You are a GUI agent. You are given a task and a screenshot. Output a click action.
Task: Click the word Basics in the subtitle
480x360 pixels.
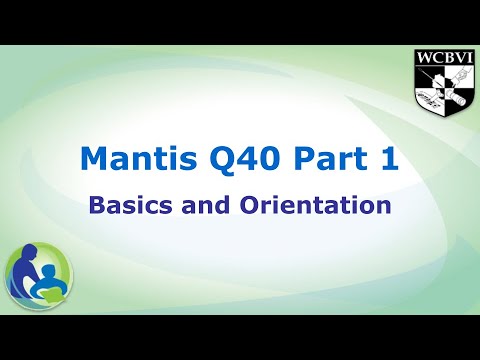129,206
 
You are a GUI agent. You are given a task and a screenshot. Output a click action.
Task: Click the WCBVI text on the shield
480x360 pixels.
442,56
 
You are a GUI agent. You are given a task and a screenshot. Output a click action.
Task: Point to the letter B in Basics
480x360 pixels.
96,206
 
